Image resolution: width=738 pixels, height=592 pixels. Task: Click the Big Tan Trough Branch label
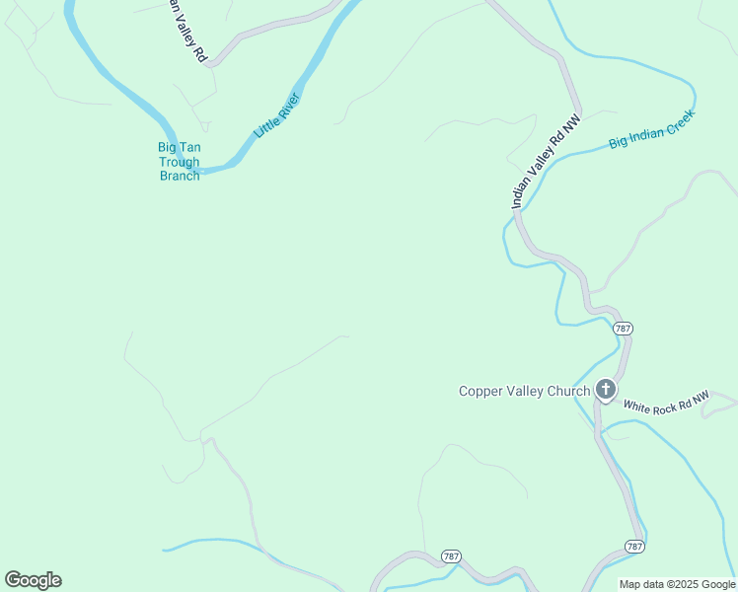pyautogui.click(x=180, y=162)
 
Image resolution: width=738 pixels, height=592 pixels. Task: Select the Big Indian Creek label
pyautogui.click(x=651, y=128)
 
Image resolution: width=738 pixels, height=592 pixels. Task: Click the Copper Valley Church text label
pyautogui.click(x=524, y=391)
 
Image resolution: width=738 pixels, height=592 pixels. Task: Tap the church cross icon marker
pyautogui.click(x=605, y=391)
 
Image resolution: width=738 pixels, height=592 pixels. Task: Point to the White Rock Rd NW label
pyautogui.click(x=666, y=404)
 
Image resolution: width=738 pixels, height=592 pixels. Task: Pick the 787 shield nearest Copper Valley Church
pyautogui.click(x=622, y=328)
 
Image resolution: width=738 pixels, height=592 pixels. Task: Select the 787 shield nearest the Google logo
pyautogui.click(x=451, y=556)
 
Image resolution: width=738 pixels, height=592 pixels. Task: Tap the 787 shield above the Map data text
pyautogui.click(x=634, y=546)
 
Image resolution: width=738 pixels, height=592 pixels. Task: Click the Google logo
pyautogui.click(x=33, y=580)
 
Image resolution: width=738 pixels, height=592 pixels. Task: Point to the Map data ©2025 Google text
pyautogui.click(x=677, y=584)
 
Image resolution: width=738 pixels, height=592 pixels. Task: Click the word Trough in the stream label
pyautogui.click(x=180, y=162)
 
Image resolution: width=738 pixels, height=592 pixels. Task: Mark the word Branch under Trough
pyautogui.click(x=180, y=176)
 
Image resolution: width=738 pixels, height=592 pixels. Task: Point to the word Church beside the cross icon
pyautogui.click(x=569, y=391)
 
